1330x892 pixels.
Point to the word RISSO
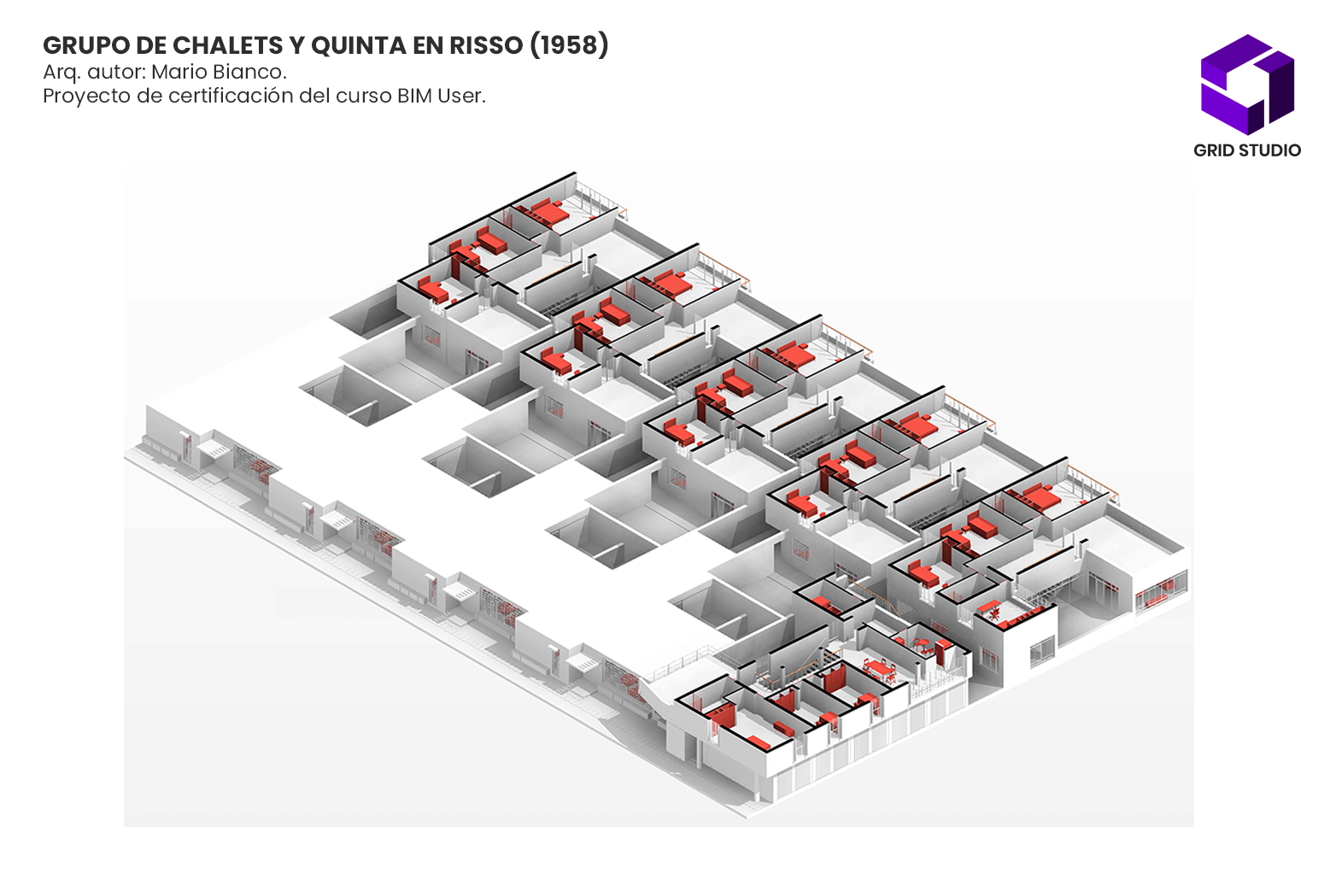[x=487, y=45]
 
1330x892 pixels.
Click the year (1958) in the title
[x=570, y=45]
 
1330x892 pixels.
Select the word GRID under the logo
[x=1214, y=150]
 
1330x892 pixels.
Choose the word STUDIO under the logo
[x=1270, y=150]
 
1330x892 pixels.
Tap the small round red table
[x=922, y=643]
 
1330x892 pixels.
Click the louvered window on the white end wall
[x=1041, y=652]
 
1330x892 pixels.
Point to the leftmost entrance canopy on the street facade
[x=214, y=448]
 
